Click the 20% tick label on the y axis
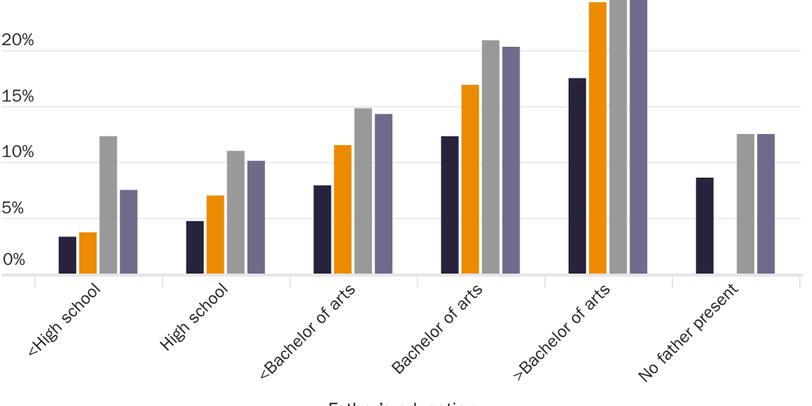pos(17,40)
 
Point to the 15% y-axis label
pos(17,97)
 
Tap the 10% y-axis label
pos(17,152)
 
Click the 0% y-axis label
pos(13,259)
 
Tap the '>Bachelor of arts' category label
pos(563,332)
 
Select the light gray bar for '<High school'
pos(108,205)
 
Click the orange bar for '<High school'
pos(88,253)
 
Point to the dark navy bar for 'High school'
pos(195,247)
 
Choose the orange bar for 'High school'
pos(215,235)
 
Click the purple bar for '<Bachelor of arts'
pos(383,194)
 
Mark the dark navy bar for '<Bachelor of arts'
pos(322,230)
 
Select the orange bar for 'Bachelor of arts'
pos(470,179)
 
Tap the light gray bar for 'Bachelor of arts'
pos(491,157)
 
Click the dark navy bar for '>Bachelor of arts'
pos(577,176)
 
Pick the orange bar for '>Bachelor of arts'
pos(598,138)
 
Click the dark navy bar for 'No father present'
pos(704,226)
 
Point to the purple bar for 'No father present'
pos(765,205)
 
